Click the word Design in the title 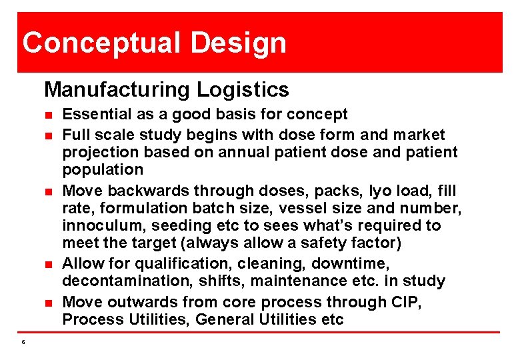pyautogui.click(x=238, y=43)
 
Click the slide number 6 pyautogui.click(x=23, y=342)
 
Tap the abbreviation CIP pyautogui.click(x=408, y=302)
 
